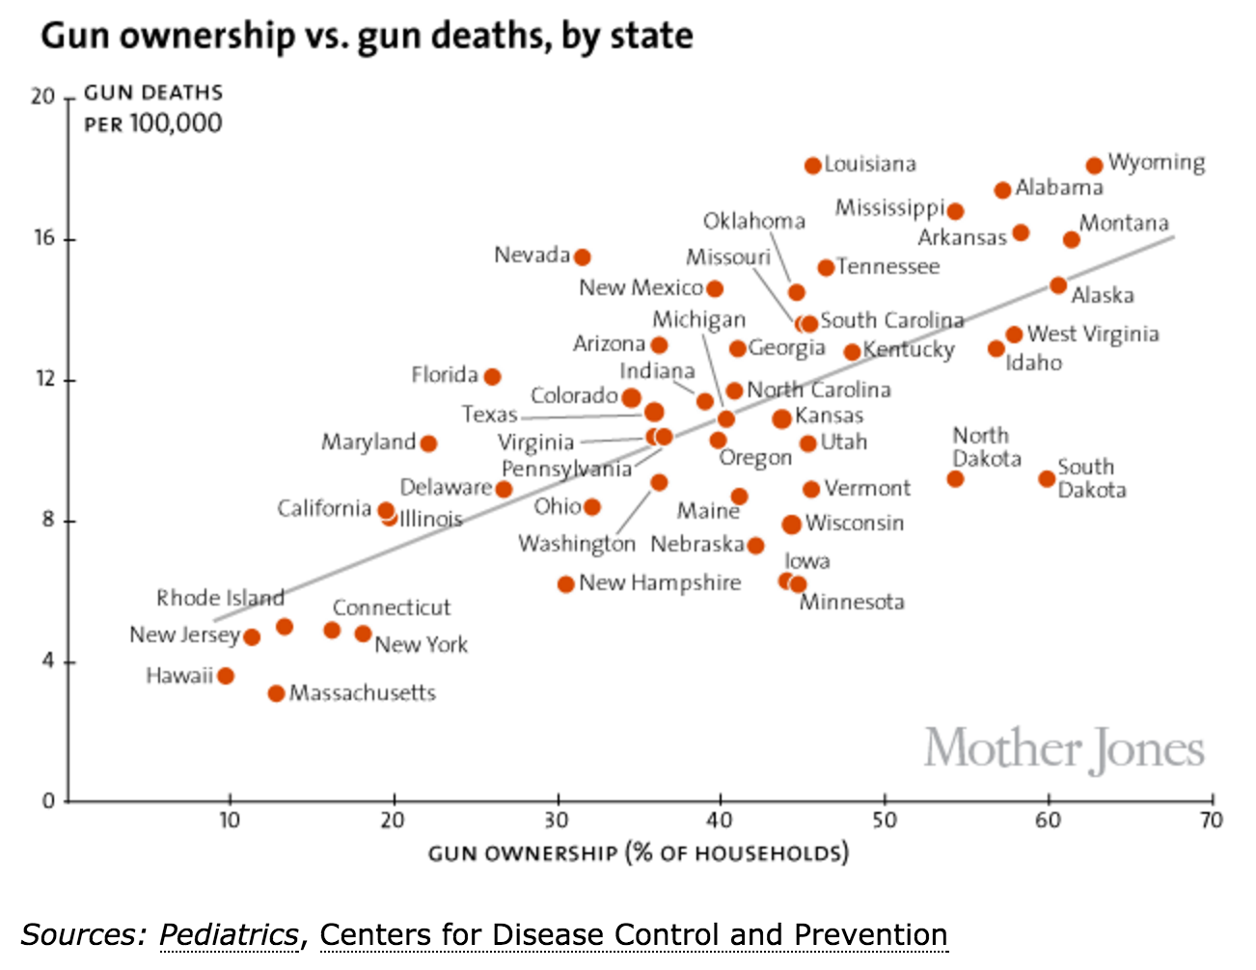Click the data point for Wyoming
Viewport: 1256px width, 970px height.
[1094, 166]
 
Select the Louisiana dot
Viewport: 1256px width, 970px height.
[813, 166]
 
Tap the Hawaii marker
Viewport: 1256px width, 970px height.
[226, 676]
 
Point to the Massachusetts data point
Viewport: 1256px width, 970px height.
[277, 693]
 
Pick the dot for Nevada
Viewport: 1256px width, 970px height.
[582, 257]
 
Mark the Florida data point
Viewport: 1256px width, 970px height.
[492, 377]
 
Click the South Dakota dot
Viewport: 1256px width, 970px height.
[1047, 479]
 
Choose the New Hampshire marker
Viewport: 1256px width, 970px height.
[566, 584]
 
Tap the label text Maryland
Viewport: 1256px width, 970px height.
[369, 443]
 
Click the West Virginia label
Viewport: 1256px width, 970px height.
[1093, 335]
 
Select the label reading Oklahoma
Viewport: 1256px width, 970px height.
[753, 222]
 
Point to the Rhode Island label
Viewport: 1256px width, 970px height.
[220, 598]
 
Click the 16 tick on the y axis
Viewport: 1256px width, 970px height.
[44, 238]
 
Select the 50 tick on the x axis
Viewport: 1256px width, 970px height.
[884, 821]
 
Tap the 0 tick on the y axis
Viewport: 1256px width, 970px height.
[48, 801]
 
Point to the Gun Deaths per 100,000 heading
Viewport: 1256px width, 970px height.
[153, 108]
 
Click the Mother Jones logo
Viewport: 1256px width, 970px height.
[1064, 750]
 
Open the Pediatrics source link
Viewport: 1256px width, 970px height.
[229, 934]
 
